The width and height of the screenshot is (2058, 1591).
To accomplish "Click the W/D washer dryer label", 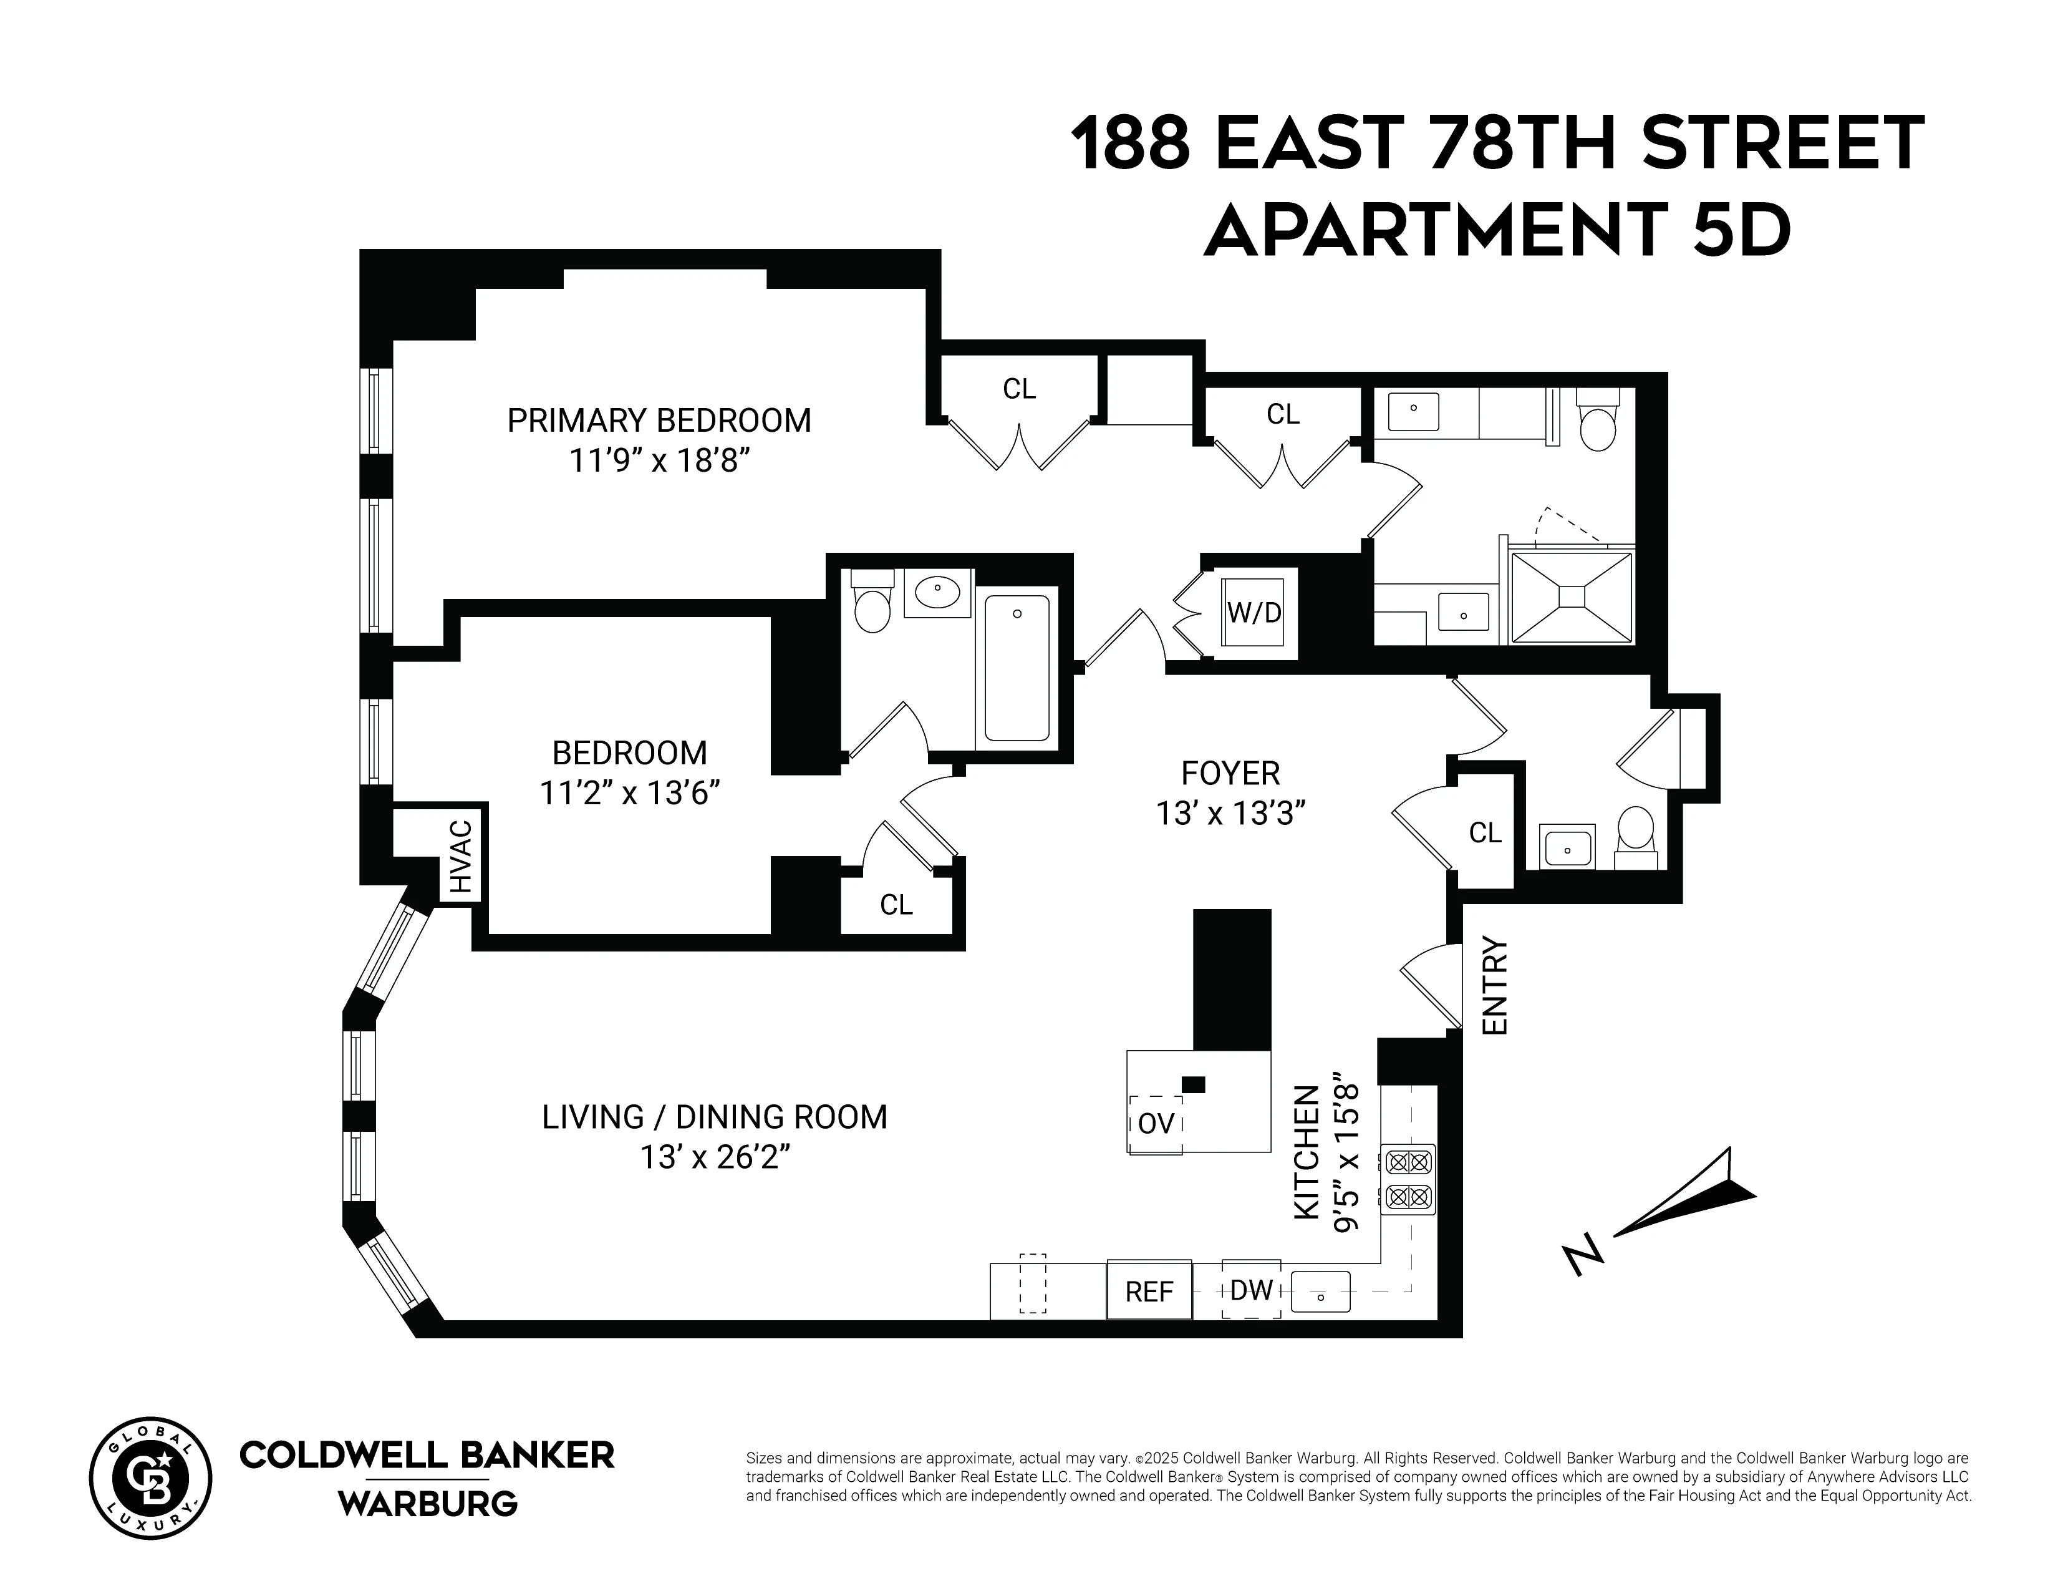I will (1254, 613).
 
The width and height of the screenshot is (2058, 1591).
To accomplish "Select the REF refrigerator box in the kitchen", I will (1149, 1290).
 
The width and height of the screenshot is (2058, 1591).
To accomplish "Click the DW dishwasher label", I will (1252, 1290).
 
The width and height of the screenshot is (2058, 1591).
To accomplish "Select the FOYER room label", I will (1230, 773).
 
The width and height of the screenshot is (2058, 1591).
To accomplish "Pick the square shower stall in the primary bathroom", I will (1571, 598).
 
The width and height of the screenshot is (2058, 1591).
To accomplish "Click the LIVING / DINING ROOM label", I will (714, 1117).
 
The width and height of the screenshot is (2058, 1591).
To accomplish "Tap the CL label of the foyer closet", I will (1485, 832).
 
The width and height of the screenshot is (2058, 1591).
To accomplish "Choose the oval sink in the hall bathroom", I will (937, 592).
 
